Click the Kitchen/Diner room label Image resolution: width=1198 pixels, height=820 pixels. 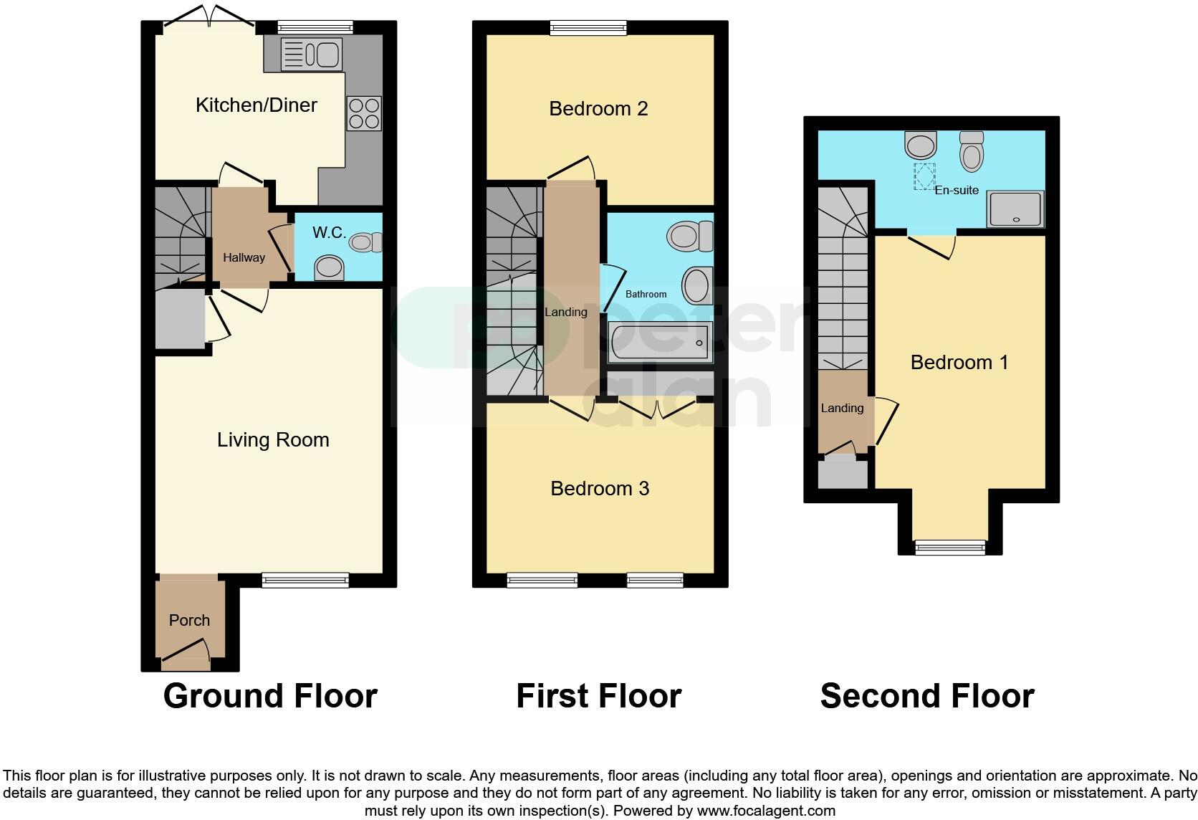tap(256, 105)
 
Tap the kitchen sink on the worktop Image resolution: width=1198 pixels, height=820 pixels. tap(311, 54)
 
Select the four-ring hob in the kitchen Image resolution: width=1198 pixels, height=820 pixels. tap(363, 113)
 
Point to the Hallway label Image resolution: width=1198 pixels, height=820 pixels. tap(244, 257)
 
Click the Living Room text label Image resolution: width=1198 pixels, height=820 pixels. tap(273, 440)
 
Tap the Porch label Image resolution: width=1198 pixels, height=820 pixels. tap(189, 621)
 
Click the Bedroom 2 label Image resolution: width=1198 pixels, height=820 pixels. tap(598, 109)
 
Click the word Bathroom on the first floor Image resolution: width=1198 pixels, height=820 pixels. tap(646, 294)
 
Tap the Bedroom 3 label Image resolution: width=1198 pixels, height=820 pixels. tap(600, 489)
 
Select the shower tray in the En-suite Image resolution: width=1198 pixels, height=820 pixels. tap(1015, 209)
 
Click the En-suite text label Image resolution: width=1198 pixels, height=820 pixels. tap(957, 191)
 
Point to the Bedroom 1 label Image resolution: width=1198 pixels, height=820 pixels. tap(959, 363)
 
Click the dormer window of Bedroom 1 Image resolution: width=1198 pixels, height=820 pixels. tap(950, 548)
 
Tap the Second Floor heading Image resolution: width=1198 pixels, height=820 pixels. tap(926, 696)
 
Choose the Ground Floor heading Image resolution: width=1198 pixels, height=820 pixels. tap(270, 696)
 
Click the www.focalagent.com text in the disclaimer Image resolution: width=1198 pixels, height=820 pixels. tap(765, 811)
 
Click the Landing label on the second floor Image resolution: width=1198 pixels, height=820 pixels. tap(842, 409)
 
